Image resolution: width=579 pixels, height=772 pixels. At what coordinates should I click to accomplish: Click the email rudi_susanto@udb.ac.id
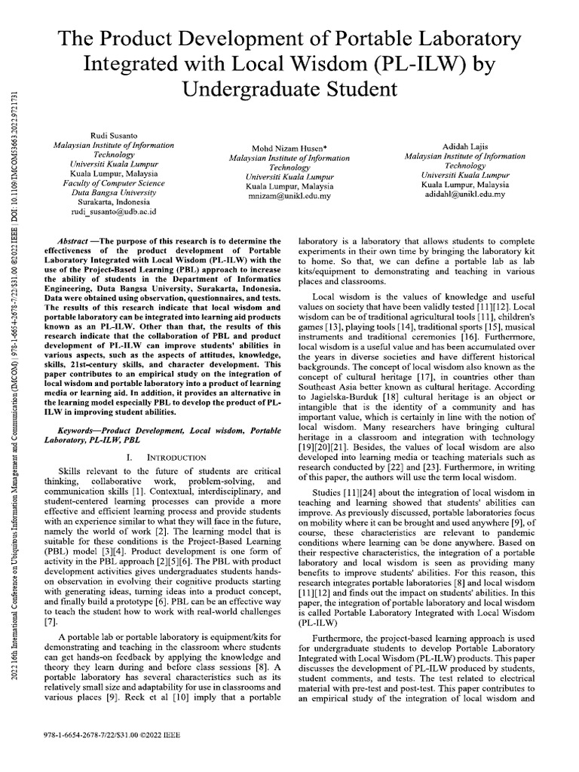pyautogui.click(x=112, y=213)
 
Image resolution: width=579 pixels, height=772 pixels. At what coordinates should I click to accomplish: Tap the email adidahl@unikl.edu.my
pyautogui.click(x=465, y=193)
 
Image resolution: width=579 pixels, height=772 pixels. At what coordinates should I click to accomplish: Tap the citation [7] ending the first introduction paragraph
pyautogui.click(x=51, y=622)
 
